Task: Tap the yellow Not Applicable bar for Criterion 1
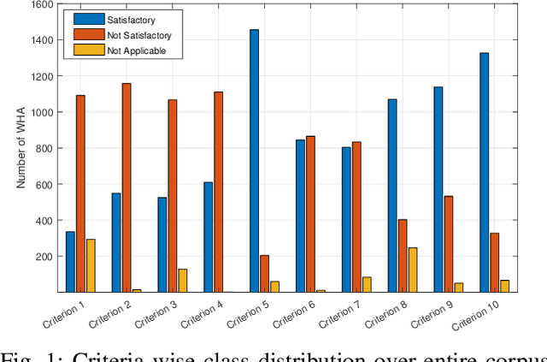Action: click(91, 265)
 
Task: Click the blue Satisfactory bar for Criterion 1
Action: click(70, 262)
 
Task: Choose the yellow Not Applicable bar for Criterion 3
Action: click(182, 281)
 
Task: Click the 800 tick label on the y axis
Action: click(45, 148)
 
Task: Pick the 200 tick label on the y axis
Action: click(45, 257)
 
